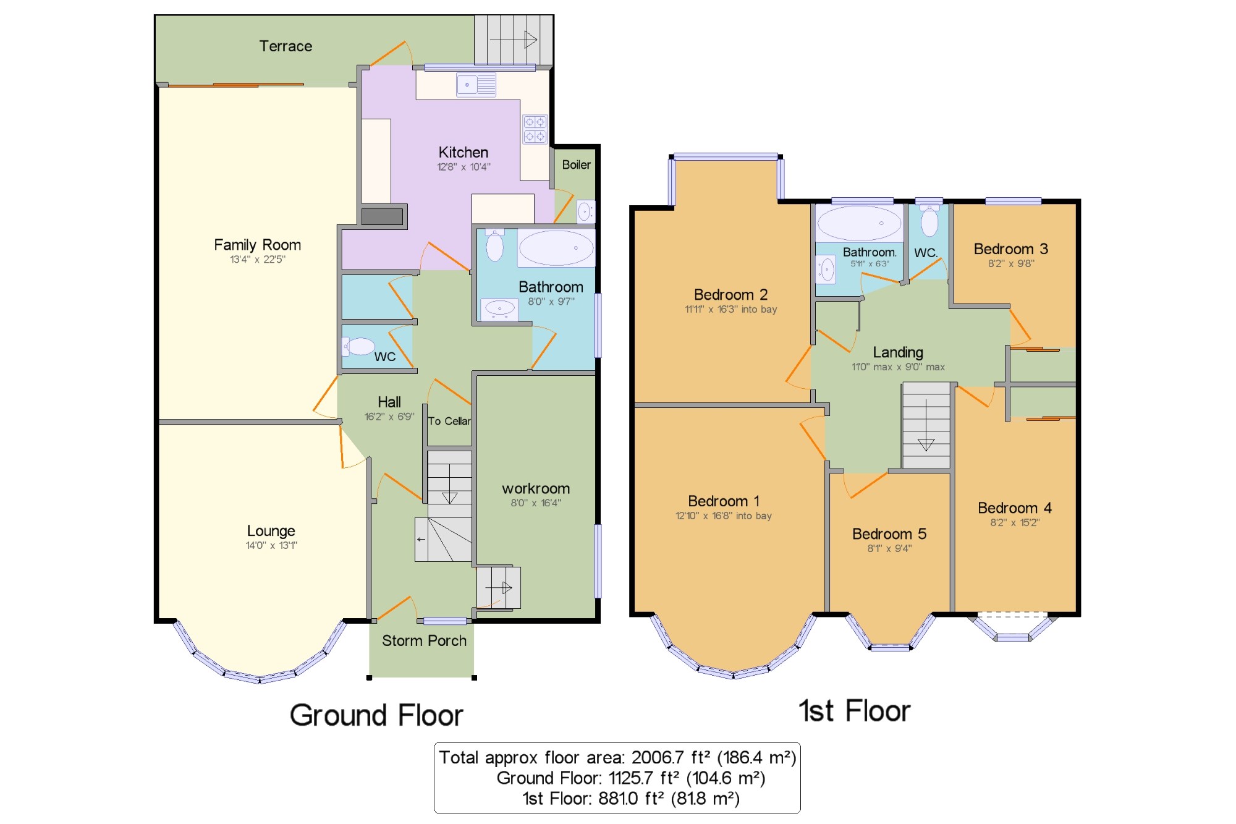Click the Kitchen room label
(463, 152)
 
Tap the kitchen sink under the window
(476, 85)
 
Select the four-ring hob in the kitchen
(535, 129)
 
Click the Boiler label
(576, 164)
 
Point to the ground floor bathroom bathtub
(556, 248)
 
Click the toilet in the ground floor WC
(359, 346)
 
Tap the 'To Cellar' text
(449, 421)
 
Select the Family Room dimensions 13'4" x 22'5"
(258, 260)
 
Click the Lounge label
(271, 530)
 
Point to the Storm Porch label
(424, 640)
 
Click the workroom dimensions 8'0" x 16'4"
(536, 503)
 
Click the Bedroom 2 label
(730, 294)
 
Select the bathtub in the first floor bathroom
(859, 223)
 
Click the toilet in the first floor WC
(929, 221)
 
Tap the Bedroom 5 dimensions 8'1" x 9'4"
(889, 548)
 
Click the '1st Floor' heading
(854, 711)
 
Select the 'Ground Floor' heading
(376, 715)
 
